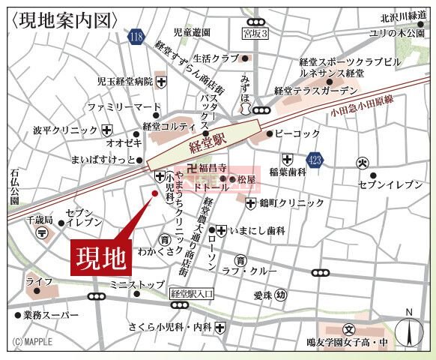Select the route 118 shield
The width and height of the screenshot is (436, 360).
[x=135, y=35]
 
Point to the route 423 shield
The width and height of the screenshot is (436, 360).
[x=315, y=159]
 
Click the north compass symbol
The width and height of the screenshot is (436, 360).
[x=408, y=330]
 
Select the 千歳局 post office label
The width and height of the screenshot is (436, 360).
[x=40, y=220]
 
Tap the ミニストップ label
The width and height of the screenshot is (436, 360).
[x=136, y=284]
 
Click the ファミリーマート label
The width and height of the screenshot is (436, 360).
[x=113, y=107]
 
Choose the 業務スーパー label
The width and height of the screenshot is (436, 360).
[x=46, y=315]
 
